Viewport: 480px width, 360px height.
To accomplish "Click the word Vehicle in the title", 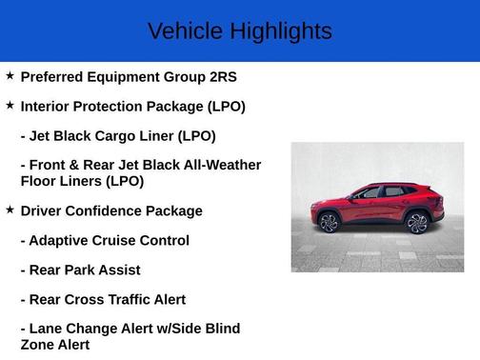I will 182,31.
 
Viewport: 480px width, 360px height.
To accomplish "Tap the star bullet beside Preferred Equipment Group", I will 10,75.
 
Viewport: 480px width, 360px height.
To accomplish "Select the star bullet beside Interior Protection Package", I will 10,105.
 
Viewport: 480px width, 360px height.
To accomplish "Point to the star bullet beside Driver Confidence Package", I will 10,209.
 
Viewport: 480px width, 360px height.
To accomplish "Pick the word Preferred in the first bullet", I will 55,77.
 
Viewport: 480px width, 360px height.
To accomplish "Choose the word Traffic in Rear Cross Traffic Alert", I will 130,300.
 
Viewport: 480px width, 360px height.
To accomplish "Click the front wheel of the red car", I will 329,223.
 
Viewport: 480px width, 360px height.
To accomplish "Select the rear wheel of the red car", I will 417,223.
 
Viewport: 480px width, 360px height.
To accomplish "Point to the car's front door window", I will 369,193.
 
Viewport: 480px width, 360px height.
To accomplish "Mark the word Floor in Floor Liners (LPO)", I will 40,180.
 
